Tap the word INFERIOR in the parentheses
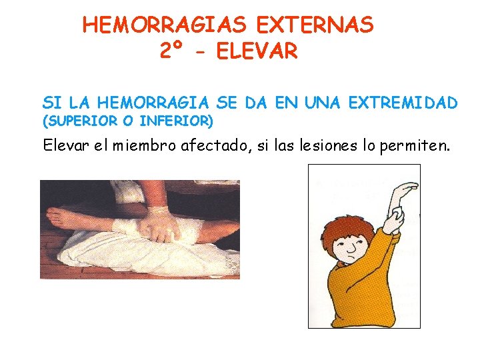click(177, 121)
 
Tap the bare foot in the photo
click(63, 217)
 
